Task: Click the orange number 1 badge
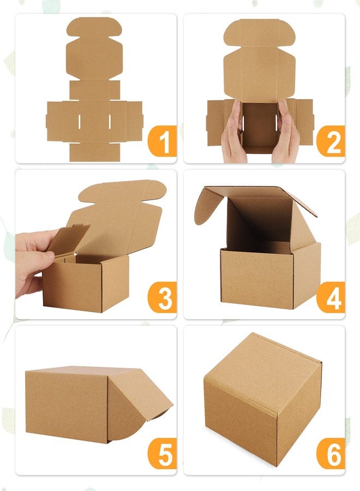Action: (x=163, y=141)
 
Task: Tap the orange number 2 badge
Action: (x=331, y=141)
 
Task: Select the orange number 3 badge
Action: (x=163, y=297)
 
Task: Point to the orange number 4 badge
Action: (x=331, y=297)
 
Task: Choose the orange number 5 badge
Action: (x=163, y=453)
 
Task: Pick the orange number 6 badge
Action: (x=331, y=453)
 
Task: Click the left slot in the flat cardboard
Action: (x=80, y=122)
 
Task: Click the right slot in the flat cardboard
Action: (x=110, y=122)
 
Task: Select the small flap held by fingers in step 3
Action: (x=68, y=239)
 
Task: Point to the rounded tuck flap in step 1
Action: (x=94, y=27)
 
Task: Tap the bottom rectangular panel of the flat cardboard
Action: (x=94, y=152)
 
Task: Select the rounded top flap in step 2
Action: (x=260, y=33)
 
